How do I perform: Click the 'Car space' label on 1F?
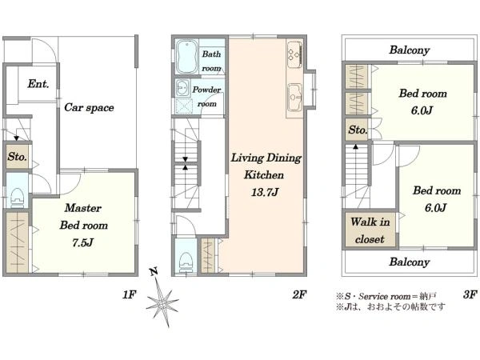(x=89, y=107)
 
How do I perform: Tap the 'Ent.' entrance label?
(x=38, y=83)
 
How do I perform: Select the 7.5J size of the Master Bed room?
(x=83, y=242)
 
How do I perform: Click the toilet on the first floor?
(x=17, y=196)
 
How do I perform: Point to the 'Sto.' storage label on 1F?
(x=17, y=157)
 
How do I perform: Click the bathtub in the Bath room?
(x=186, y=57)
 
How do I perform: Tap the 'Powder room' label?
(x=206, y=97)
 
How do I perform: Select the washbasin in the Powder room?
(x=183, y=88)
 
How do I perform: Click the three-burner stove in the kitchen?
(x=294, y=54)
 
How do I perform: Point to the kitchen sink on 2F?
(x=295, y=97)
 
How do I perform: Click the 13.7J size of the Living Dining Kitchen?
(x=265, y=193)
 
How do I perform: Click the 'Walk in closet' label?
(x=370, y=230)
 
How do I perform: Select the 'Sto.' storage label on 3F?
(x=358, y=130)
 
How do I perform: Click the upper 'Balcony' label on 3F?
(x=410, y=50)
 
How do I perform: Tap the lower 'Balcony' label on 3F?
(x=410, y=262)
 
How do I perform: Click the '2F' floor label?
(x=299, y=294)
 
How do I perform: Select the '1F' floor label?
(x=129, y=294)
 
